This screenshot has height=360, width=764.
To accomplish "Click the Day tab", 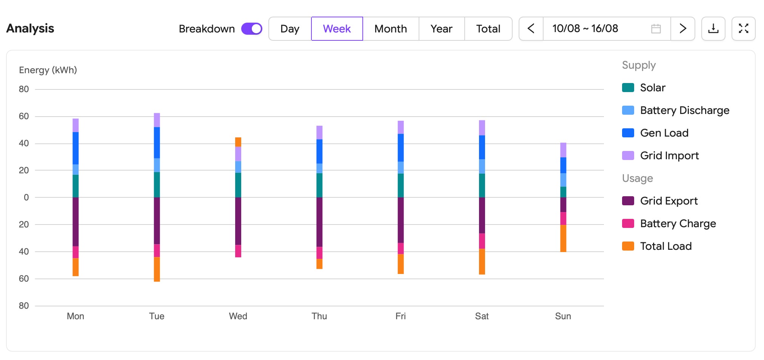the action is [x=290, y=29].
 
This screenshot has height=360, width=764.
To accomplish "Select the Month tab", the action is [x=391, y=29].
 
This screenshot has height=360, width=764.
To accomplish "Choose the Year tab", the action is [x=442, y=29].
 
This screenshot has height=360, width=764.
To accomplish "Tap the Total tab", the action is [x=488, y=29].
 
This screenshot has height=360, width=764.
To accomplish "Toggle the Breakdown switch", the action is [x=252, y=29].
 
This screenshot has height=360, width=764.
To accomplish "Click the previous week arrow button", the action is [x=531, y=29].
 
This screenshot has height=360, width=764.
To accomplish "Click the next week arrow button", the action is [x=683, y=29].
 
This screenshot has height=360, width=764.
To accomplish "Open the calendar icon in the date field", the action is [x=656, y=29].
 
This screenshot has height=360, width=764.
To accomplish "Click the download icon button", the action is [x=713, y=29].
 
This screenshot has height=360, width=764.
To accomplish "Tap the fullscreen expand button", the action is [x=744, y=29].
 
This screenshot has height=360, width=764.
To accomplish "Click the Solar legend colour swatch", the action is [x=628, y=88].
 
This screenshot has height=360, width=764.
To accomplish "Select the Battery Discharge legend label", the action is [x=685, y=110].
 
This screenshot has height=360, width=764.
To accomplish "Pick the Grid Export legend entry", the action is [x=660, y=201].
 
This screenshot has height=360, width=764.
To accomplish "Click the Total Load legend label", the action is [x=666, y=246].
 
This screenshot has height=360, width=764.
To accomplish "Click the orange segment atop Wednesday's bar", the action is [x=238, y=142].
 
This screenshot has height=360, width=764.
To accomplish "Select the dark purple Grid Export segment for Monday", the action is [x=75, y=222].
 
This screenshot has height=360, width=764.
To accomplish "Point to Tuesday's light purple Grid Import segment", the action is [x=157, y=120].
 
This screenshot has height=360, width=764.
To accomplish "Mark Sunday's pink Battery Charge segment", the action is [x=563, y=218].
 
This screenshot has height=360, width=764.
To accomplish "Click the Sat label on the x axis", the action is [x=482, y=316].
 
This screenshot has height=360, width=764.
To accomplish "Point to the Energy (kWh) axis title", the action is [x=48, y=70].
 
